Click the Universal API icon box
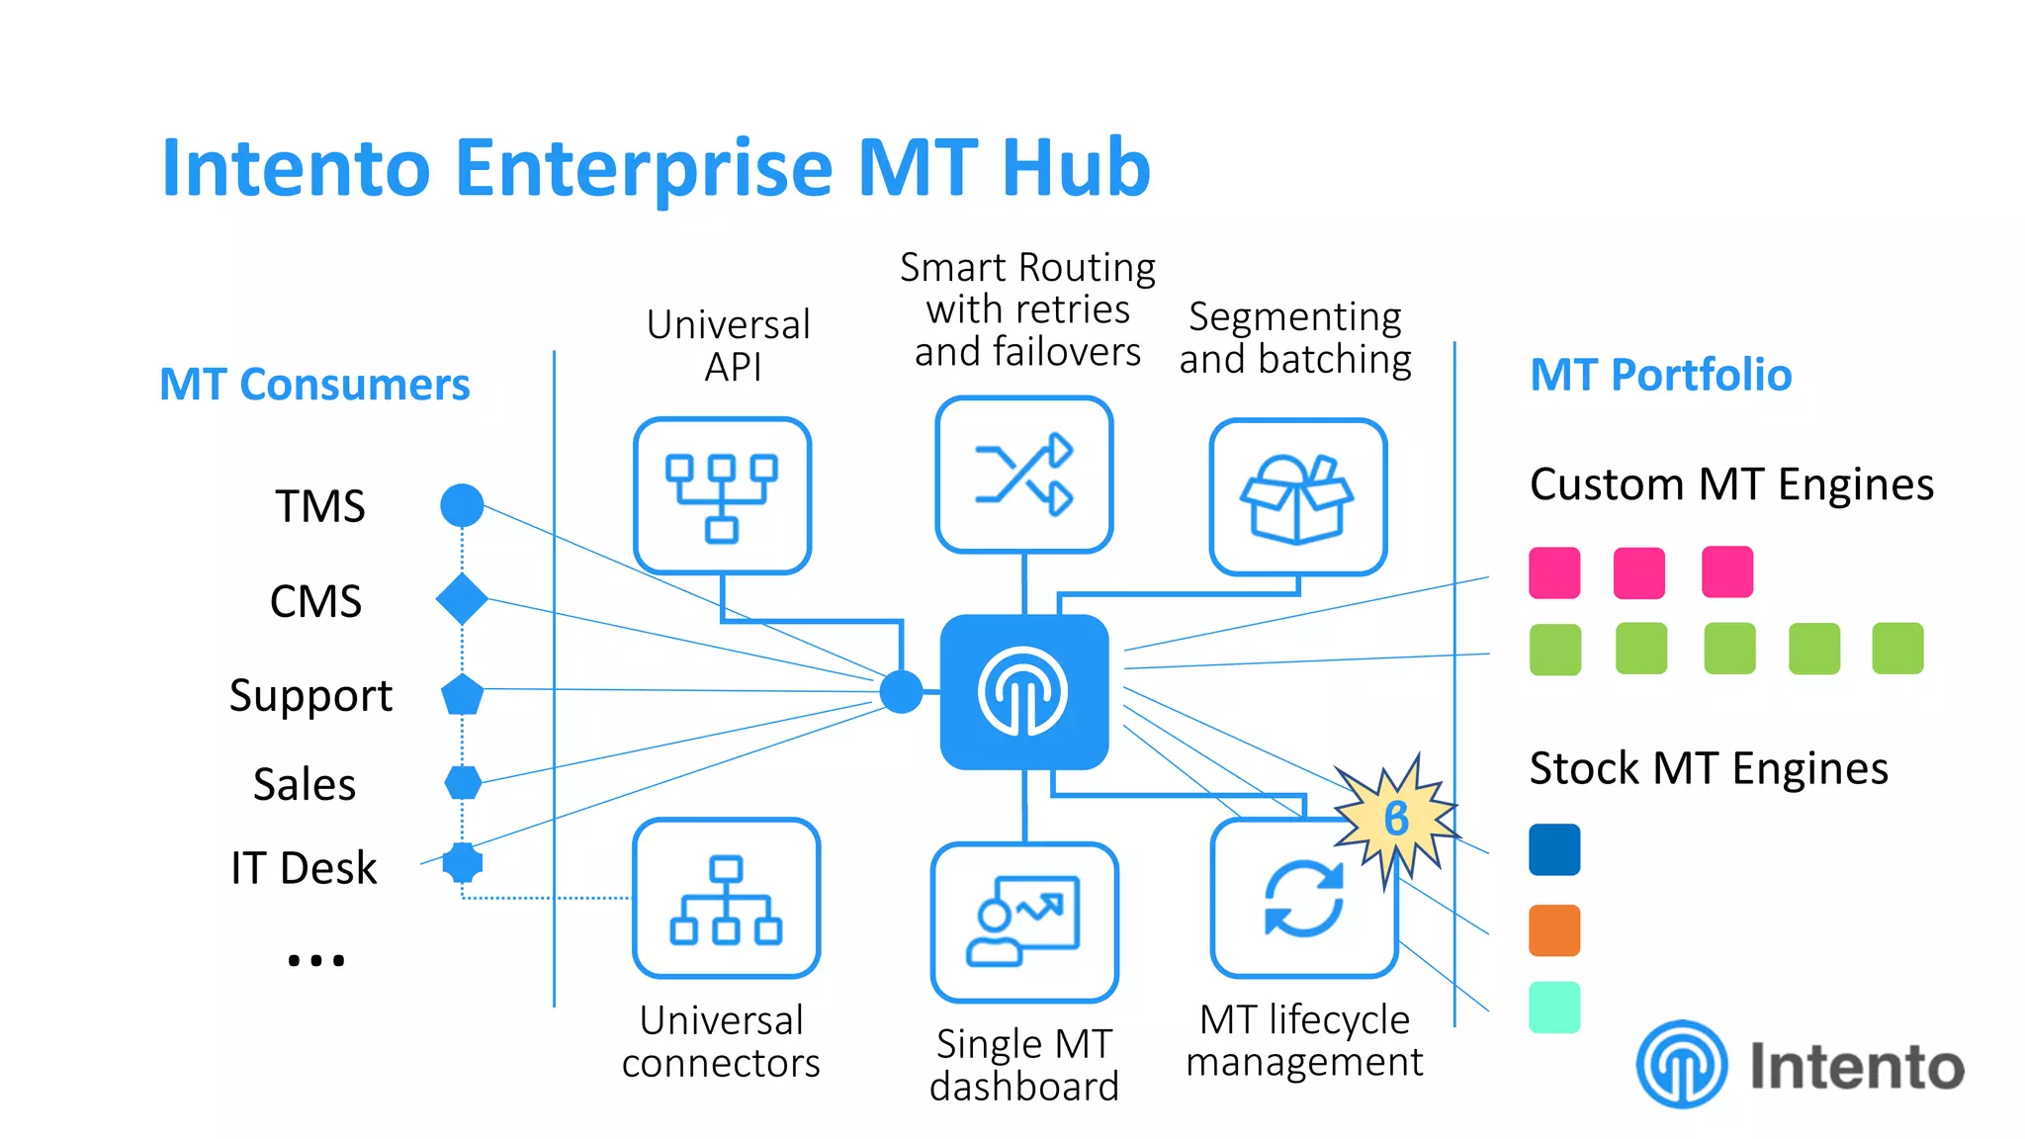pyautogui.click(x=722, y=495)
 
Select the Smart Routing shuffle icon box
pyautogui.click(x=1023, y=475)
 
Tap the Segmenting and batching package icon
pyautogui.click(x=1297, y=497)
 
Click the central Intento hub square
pyautogui.click(x=1023, y=692)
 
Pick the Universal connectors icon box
pyautogui.click(x=726, y=898)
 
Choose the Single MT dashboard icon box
pyautogui.click(x=1024, y=921)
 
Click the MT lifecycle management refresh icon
pyautogui.click(x=1303, y=898)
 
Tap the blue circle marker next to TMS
pyautogui.click(x=462, y=505)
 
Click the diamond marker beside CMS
pyautogui.click(x=462, y=599)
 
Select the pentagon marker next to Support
pyautogui.click(x=462, y=695)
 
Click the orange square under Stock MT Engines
pyautogui.click(x=1554, y=930)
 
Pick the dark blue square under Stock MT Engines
pyautogui.click(x=1554, y=849)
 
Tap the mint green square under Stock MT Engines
pyautogui.click(x=1554, y=1008)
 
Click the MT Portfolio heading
pyautogui.click(x=1660, y=375)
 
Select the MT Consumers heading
pyautogui.click(x=314, y=384)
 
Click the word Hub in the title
pyautogui.click(x=1076, y=167)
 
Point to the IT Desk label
pyautogui.click(x=304, y=867)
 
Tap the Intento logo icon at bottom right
pyautogui.click(x=1681, y=1065)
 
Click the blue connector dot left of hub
pyautogui.click(x=901, y=692)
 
